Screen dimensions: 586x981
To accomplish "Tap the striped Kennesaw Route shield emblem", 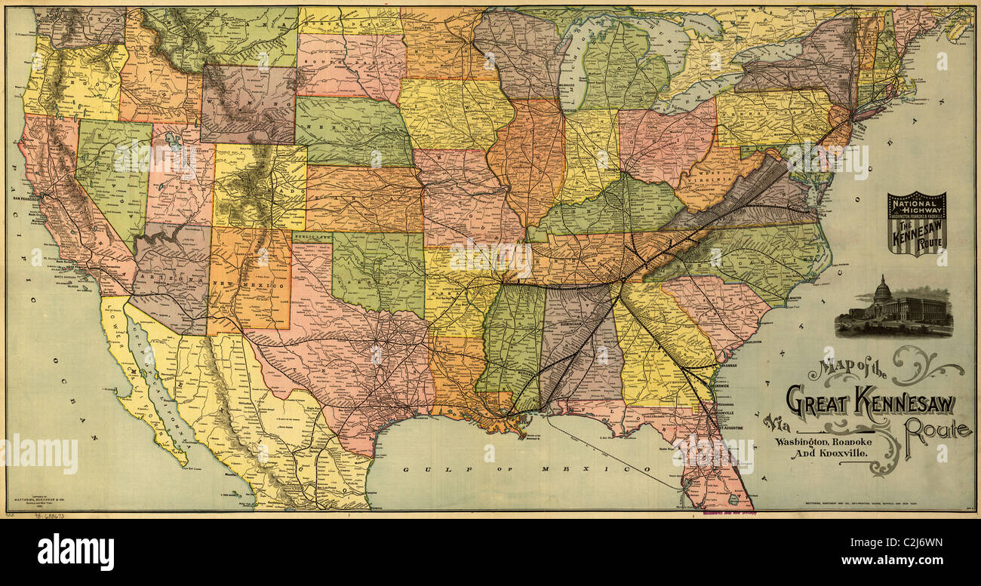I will [x=916, y=223].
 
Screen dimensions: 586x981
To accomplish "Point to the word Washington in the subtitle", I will [x=806, y=440].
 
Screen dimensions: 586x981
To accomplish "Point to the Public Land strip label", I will [x=312, y=237].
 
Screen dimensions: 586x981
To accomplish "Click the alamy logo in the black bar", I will [x=75, y=552].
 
